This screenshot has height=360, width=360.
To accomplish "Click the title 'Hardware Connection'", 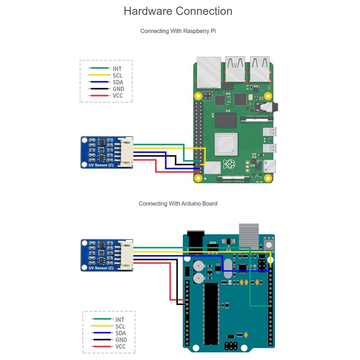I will [178, 11].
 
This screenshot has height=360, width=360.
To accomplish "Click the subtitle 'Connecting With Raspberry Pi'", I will [178, 31].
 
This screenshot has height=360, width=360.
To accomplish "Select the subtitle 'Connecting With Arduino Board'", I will [178, 204].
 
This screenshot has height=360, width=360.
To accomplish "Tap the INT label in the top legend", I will [117, 69].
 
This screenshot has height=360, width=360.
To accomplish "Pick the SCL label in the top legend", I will [117, 76].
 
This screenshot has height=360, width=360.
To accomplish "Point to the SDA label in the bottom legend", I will [120, 333].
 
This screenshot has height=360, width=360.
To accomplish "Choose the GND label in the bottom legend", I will [121, 340].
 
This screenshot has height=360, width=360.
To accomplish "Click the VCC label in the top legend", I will [118, 96].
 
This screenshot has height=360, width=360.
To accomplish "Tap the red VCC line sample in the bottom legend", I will [102, 346].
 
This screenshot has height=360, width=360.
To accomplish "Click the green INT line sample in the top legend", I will [99, 69].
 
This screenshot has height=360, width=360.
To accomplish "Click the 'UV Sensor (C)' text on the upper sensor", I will [101, 165].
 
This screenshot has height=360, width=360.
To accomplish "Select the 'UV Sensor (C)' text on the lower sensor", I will [101, 268].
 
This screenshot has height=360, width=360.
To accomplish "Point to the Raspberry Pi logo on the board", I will [230, 163].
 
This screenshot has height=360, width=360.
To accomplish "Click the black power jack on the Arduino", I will [196, 243].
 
